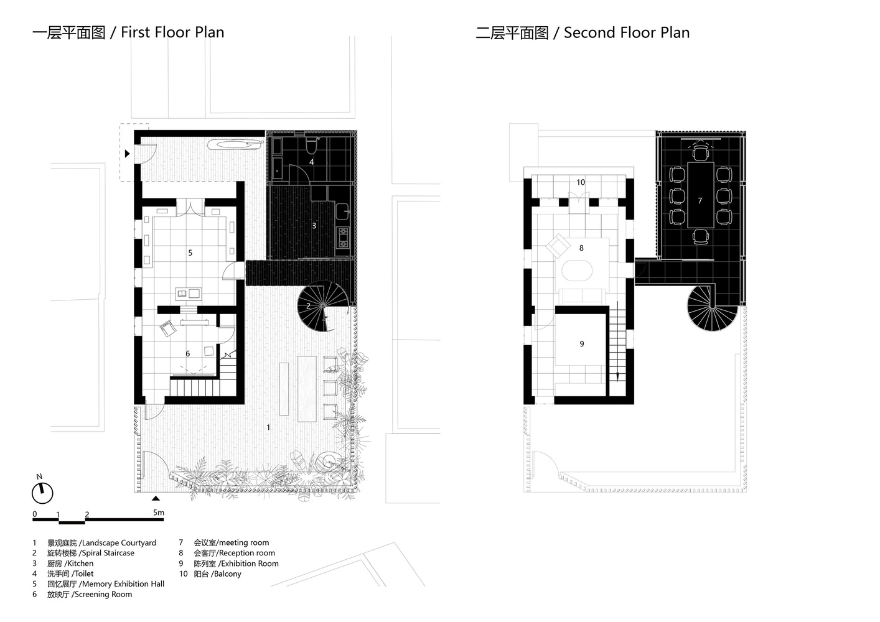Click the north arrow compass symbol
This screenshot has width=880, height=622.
click(42, 493)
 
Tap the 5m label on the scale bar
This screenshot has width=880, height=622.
click(159, 513)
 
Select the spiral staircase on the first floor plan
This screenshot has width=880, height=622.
click(323, 306)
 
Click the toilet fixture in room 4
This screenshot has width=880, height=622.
click(312, 146)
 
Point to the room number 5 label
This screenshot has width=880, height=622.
click(190, 253)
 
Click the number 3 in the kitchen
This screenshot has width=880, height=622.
click(314, 225)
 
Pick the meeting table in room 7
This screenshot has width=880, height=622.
click(701, 195)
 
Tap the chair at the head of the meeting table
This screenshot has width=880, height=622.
click(701, 153)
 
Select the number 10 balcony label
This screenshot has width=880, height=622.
click(581, 182)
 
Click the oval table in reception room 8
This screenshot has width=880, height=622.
click(577, 271)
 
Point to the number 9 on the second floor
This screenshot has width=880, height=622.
click(582, 343)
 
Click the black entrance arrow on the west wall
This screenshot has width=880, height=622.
click(128, 154)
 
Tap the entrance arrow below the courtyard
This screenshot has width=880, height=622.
click(156, 498)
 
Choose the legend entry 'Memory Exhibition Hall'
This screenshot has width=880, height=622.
click(123, 584)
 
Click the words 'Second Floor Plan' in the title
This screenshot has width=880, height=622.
click(627, 32)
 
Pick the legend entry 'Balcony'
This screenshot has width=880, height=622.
click(227, 573)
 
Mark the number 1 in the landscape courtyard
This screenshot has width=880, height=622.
click(268, 427)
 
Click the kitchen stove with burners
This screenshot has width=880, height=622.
click(343, 238)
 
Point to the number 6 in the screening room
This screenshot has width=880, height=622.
click(188, 353)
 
